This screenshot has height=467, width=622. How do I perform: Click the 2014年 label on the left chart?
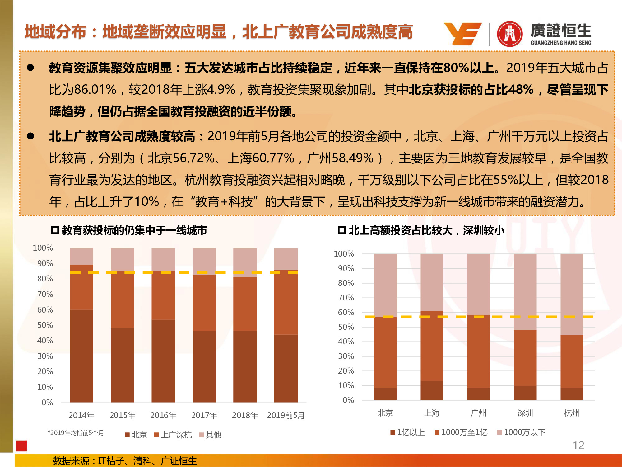pyautogui.click(x=81, y=415)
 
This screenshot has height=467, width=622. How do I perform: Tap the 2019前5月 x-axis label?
pyautogui.click(x=285, y=415)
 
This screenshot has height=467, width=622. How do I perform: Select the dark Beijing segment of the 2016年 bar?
pyautogui.click(x=163, y=361)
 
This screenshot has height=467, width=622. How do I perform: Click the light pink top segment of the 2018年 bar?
pyautogui.click(x=245, y=262)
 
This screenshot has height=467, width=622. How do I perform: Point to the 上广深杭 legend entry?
pyautogui.click(x=173, y=435)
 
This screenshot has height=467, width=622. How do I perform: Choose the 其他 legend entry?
pyautogui.click(x=211, y=435)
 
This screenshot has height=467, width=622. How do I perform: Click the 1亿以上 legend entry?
pyautogui.click(x=408, y=432)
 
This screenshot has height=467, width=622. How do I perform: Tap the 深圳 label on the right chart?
pyautogui.click(x=525, y=413)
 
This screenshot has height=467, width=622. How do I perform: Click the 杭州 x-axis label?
pyautogui.click(x=572, y=413)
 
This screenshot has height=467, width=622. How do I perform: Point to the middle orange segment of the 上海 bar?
pyautogui.click(x=432, y=346)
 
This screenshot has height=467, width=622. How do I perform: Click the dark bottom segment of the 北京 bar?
pyautogui.click(x=385, y=394)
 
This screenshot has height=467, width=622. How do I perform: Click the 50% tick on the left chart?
pyautogui.click(x=45, y=325)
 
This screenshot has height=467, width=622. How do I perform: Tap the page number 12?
pyautogui.click(x=578, y=445)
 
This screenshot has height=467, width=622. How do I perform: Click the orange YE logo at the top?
pyautogui.click(x=463, y=34)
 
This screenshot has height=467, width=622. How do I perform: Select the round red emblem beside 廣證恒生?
pyautogui.click(x=510, y=34)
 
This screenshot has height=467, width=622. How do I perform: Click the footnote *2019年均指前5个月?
pyautogui.click(x=76, y=433)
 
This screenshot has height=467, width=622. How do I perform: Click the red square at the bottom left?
pyautogui.click(x=21, y=446)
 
